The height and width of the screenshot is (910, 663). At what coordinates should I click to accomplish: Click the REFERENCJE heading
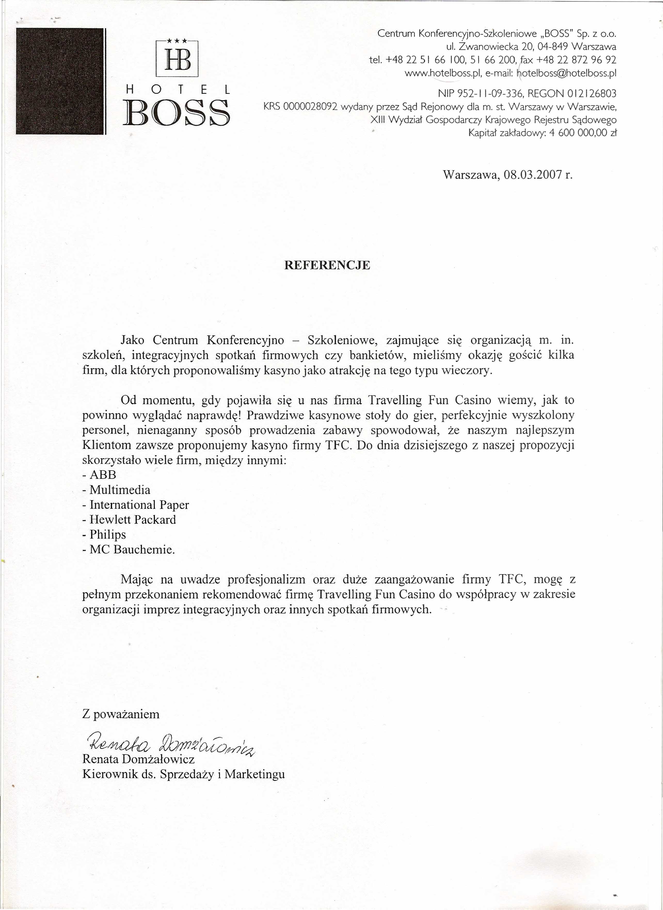click(x=327, y=265)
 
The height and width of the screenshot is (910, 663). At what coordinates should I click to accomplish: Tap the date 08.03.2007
click(x=532, y=175)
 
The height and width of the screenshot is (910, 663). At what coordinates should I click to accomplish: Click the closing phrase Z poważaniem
click(x=121, y=714)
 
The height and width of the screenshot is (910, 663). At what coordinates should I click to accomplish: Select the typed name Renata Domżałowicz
click(x=139, y=759)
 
